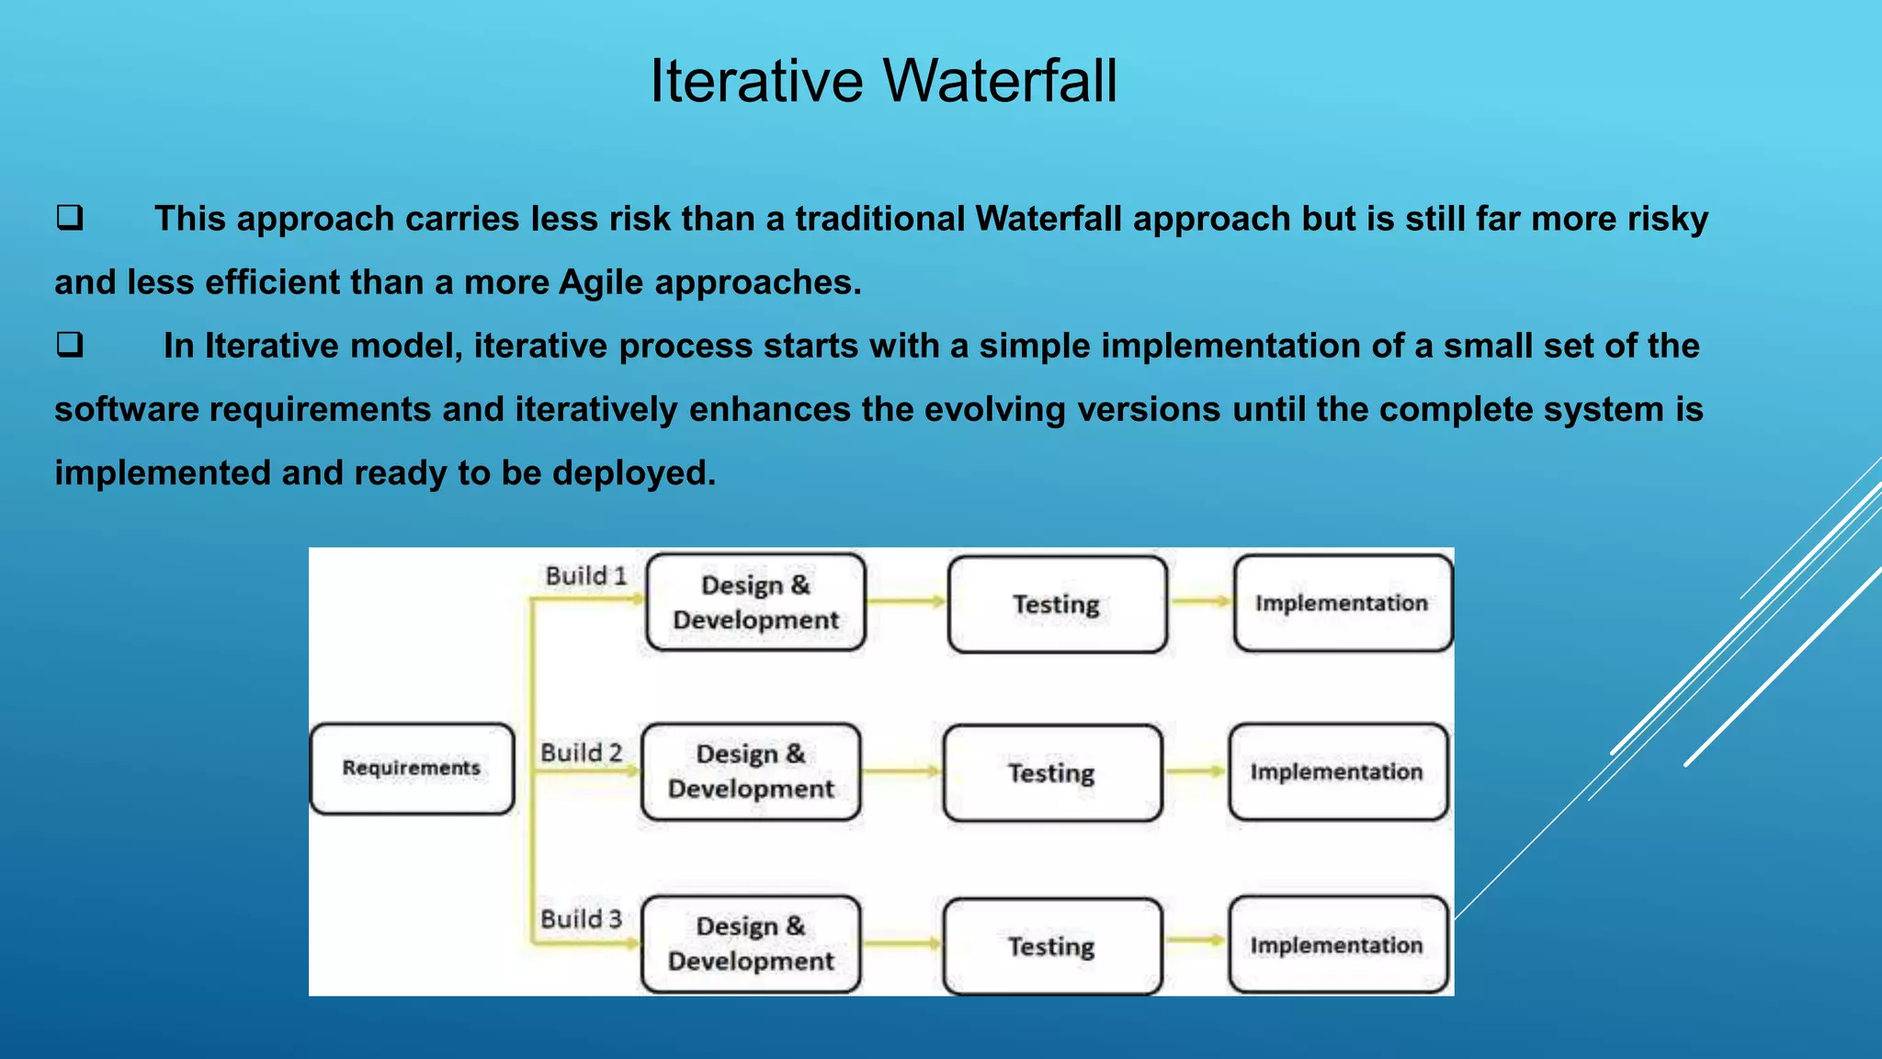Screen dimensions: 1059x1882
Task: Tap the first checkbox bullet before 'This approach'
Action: click(70, 218)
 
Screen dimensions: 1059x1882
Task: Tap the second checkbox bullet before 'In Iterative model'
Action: click(70, 345)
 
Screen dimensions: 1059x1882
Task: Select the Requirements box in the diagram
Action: click(412, 769)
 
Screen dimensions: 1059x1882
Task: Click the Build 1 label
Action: click(585, 576)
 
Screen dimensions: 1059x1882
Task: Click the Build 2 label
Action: click(581, 753)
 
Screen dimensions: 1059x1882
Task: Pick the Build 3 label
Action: click(581, 919)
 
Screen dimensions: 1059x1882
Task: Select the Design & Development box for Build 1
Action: click(755, 602)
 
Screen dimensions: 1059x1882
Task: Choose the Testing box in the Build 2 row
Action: click(1052, 773)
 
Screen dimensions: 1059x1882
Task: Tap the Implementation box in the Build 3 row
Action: click(1337, 945)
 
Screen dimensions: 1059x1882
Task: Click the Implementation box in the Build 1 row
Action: click(1342, 603)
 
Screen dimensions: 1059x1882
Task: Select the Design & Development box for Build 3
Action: click(751, 944)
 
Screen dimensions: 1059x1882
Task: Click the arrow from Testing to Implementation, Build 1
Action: click(1201, 602)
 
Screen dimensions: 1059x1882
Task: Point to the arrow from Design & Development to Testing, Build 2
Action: click(902, 772)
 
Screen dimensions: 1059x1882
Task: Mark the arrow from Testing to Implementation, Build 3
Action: click(1196, 940)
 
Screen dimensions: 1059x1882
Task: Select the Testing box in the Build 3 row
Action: click(1052, 946)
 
